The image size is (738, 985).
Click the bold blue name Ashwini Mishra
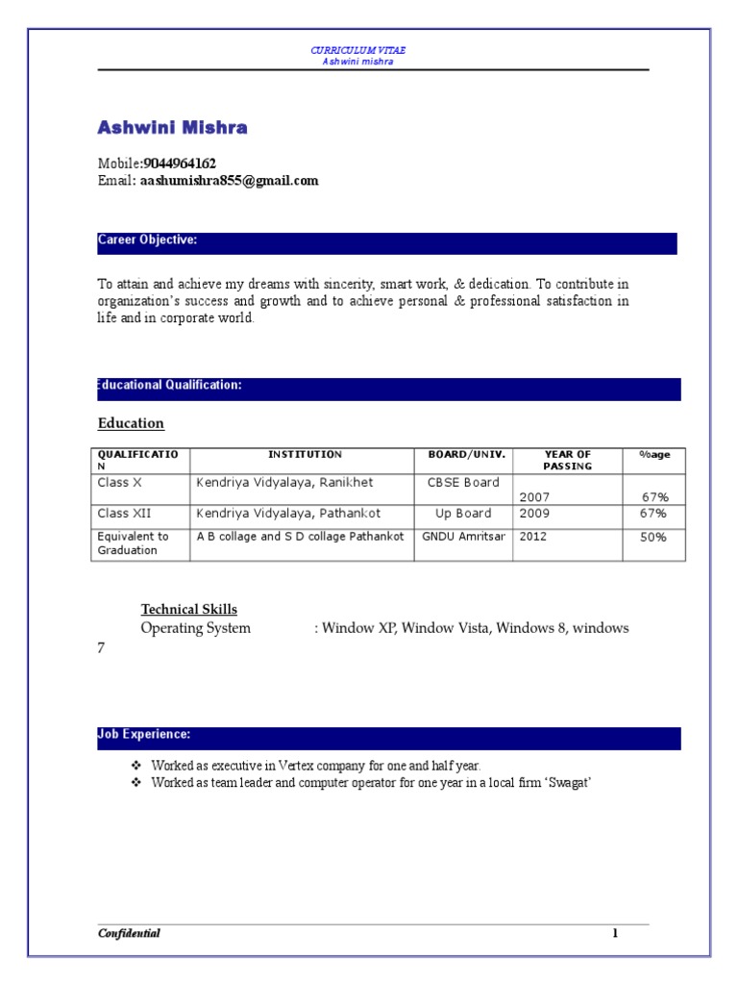click(172, 128)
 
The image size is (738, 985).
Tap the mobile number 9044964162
click(180, 164)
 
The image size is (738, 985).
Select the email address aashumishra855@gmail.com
click(229, 181)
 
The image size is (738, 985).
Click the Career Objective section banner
click(387, 242)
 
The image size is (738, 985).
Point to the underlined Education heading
click(131, 423)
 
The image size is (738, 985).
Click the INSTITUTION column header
click(305, 454)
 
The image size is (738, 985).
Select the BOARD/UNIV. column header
click(467, 454)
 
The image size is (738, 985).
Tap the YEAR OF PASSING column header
click(567, 460)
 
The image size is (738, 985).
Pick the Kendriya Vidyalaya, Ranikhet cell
click(284, 482)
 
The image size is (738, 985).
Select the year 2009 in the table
click(534, 514)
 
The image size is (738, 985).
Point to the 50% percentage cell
click(653, 537)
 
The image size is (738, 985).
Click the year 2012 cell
click(533, 537)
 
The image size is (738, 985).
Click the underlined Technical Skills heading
click(189, 609)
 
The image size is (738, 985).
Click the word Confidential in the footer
click(129, 933)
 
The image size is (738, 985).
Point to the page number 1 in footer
click(615, 933)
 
